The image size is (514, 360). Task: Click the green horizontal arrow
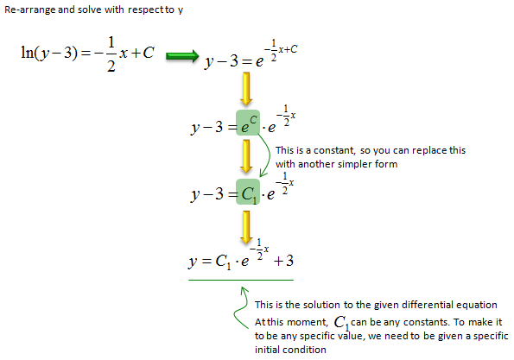click(182, 56)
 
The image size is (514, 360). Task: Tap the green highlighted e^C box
click(248, 123)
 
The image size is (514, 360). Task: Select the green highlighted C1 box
click(248, 192)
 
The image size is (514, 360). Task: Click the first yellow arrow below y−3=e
click(246, 89)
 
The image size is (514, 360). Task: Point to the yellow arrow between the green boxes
click(246, 156)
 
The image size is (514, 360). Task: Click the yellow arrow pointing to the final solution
click(246, 227)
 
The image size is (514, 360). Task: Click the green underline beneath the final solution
click(241, 280)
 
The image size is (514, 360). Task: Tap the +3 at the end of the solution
click(283, 261)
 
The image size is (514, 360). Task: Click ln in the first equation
click(27, 52)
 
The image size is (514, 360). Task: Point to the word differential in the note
click(427, 305)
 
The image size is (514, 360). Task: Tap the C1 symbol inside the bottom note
click(341, 323)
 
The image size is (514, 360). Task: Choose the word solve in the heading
click(90, 9)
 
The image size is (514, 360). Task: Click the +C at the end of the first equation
click(143, 53)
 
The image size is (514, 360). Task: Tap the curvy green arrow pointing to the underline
click(242, 307)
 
